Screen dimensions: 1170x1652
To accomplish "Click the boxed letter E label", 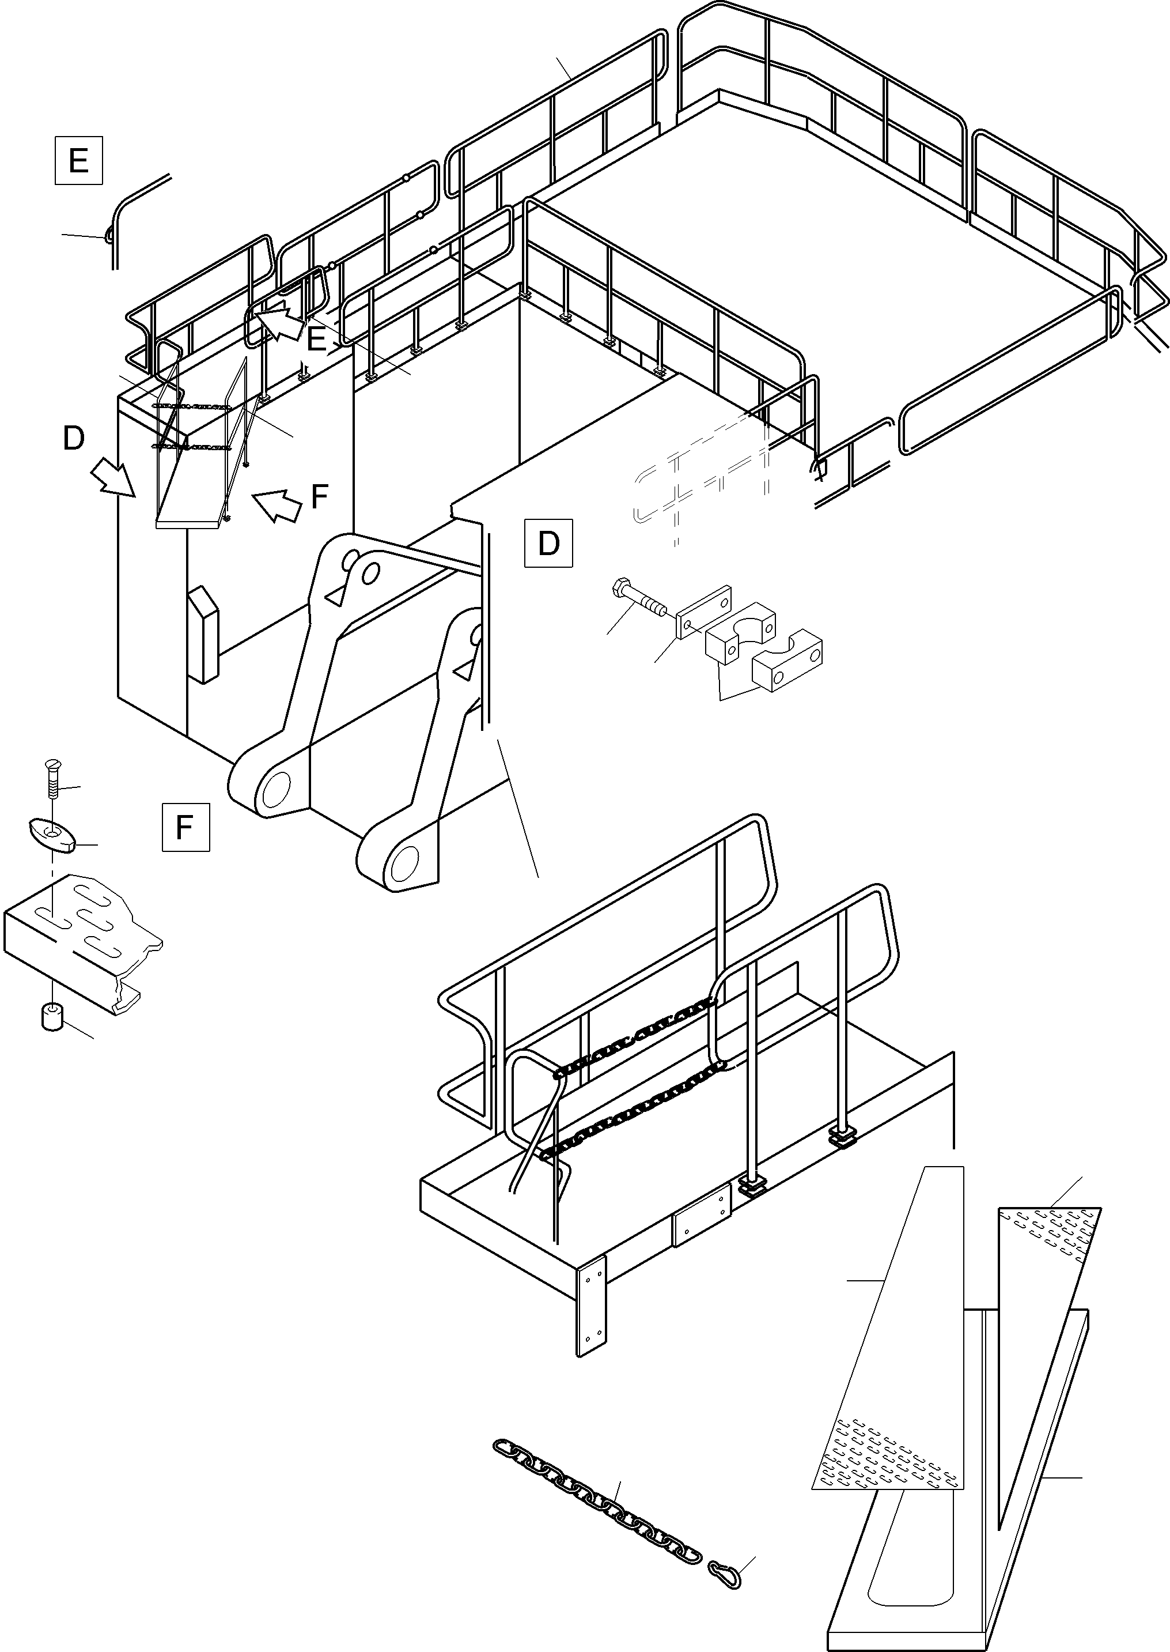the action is [x=78, y=160].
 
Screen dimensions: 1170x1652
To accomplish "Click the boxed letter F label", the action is [x=185, y=827].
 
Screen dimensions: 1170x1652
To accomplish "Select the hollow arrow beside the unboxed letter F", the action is [x=277, y=504].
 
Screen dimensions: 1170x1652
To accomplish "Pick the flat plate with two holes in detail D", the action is [x=704, y=612].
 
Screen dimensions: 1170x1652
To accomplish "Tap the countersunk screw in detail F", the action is [x=51, y=778].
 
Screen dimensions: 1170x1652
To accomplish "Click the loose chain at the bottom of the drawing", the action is [x=597, y=1500].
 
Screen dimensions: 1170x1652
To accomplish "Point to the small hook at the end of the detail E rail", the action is [x=109, y=234].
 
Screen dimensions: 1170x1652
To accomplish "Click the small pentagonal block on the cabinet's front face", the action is [x=203, y=633].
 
